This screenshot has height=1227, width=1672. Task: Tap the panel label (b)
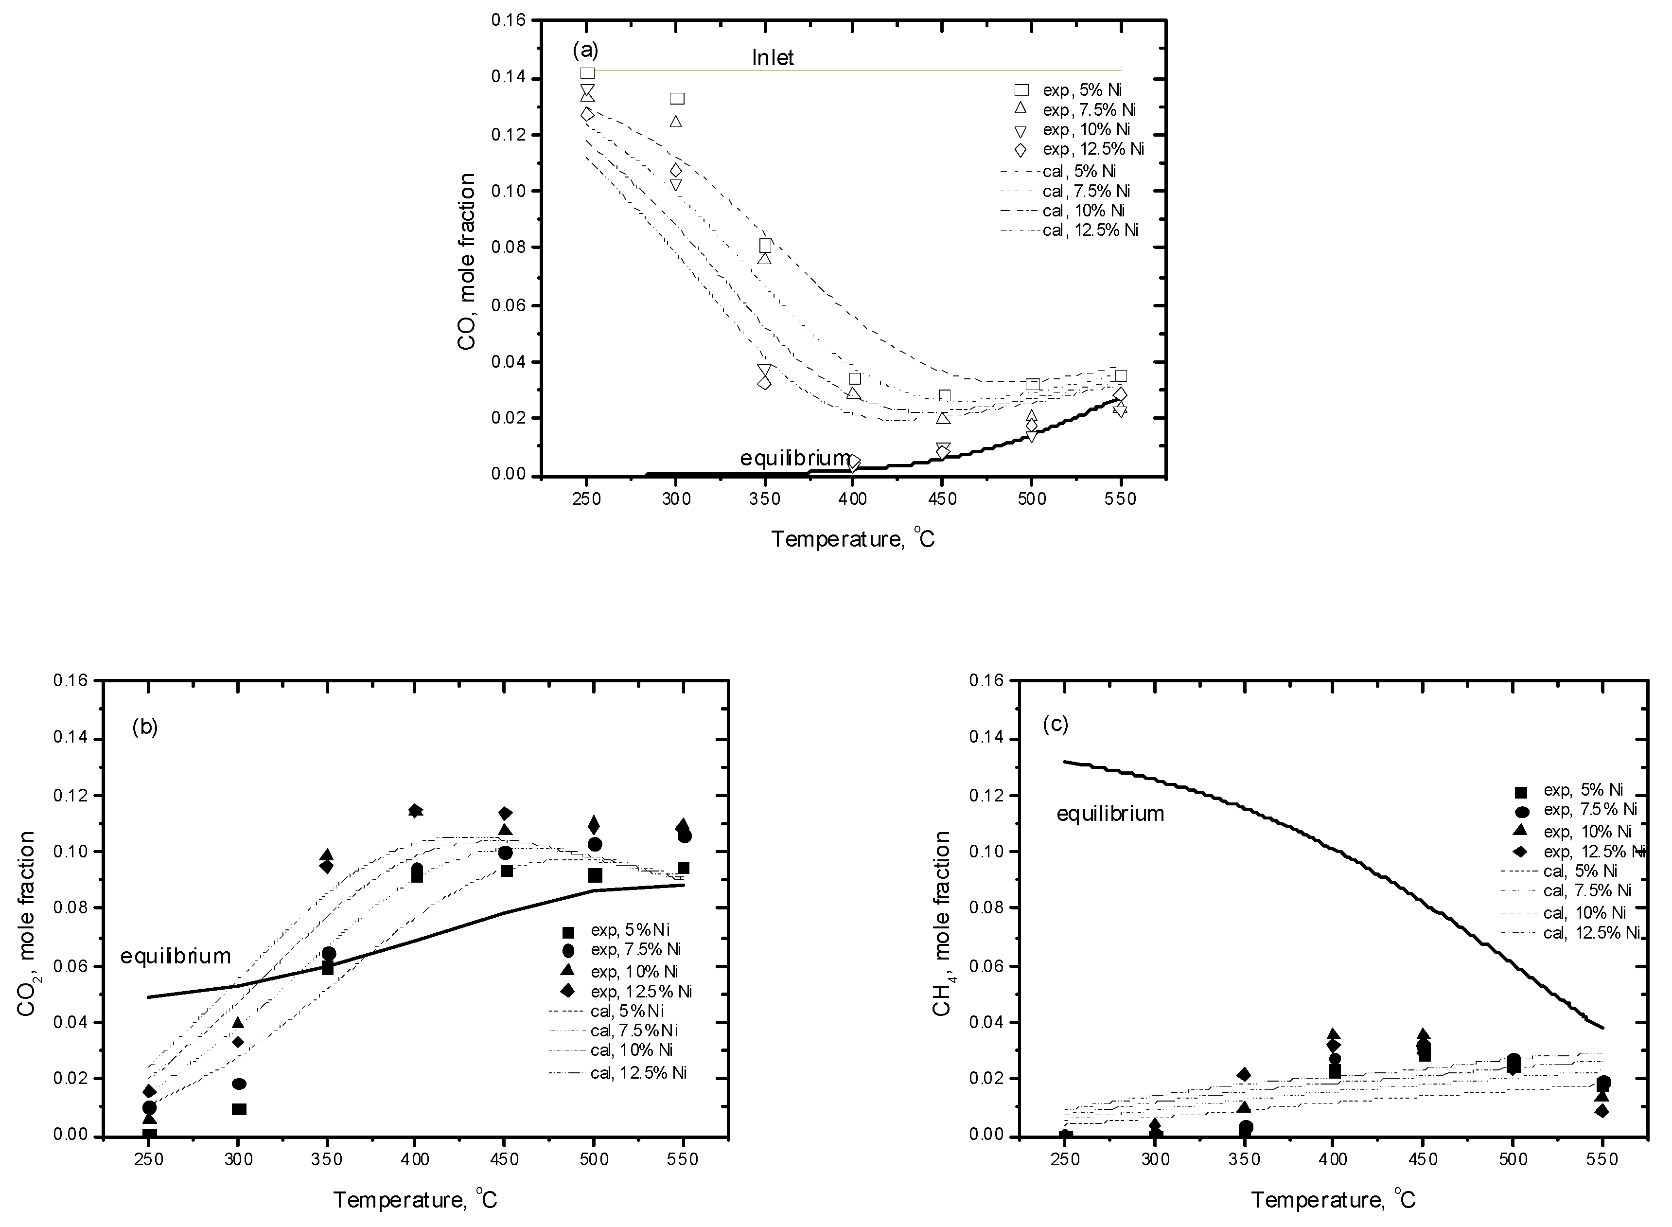pos(145,727)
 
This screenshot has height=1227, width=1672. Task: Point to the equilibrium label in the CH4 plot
pos(1110,814)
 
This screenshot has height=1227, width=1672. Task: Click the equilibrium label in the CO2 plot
pos(176,956)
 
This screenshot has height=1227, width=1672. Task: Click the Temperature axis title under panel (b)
pos(414,1199)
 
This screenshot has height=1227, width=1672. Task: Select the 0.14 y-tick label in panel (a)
pos(508,77)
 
